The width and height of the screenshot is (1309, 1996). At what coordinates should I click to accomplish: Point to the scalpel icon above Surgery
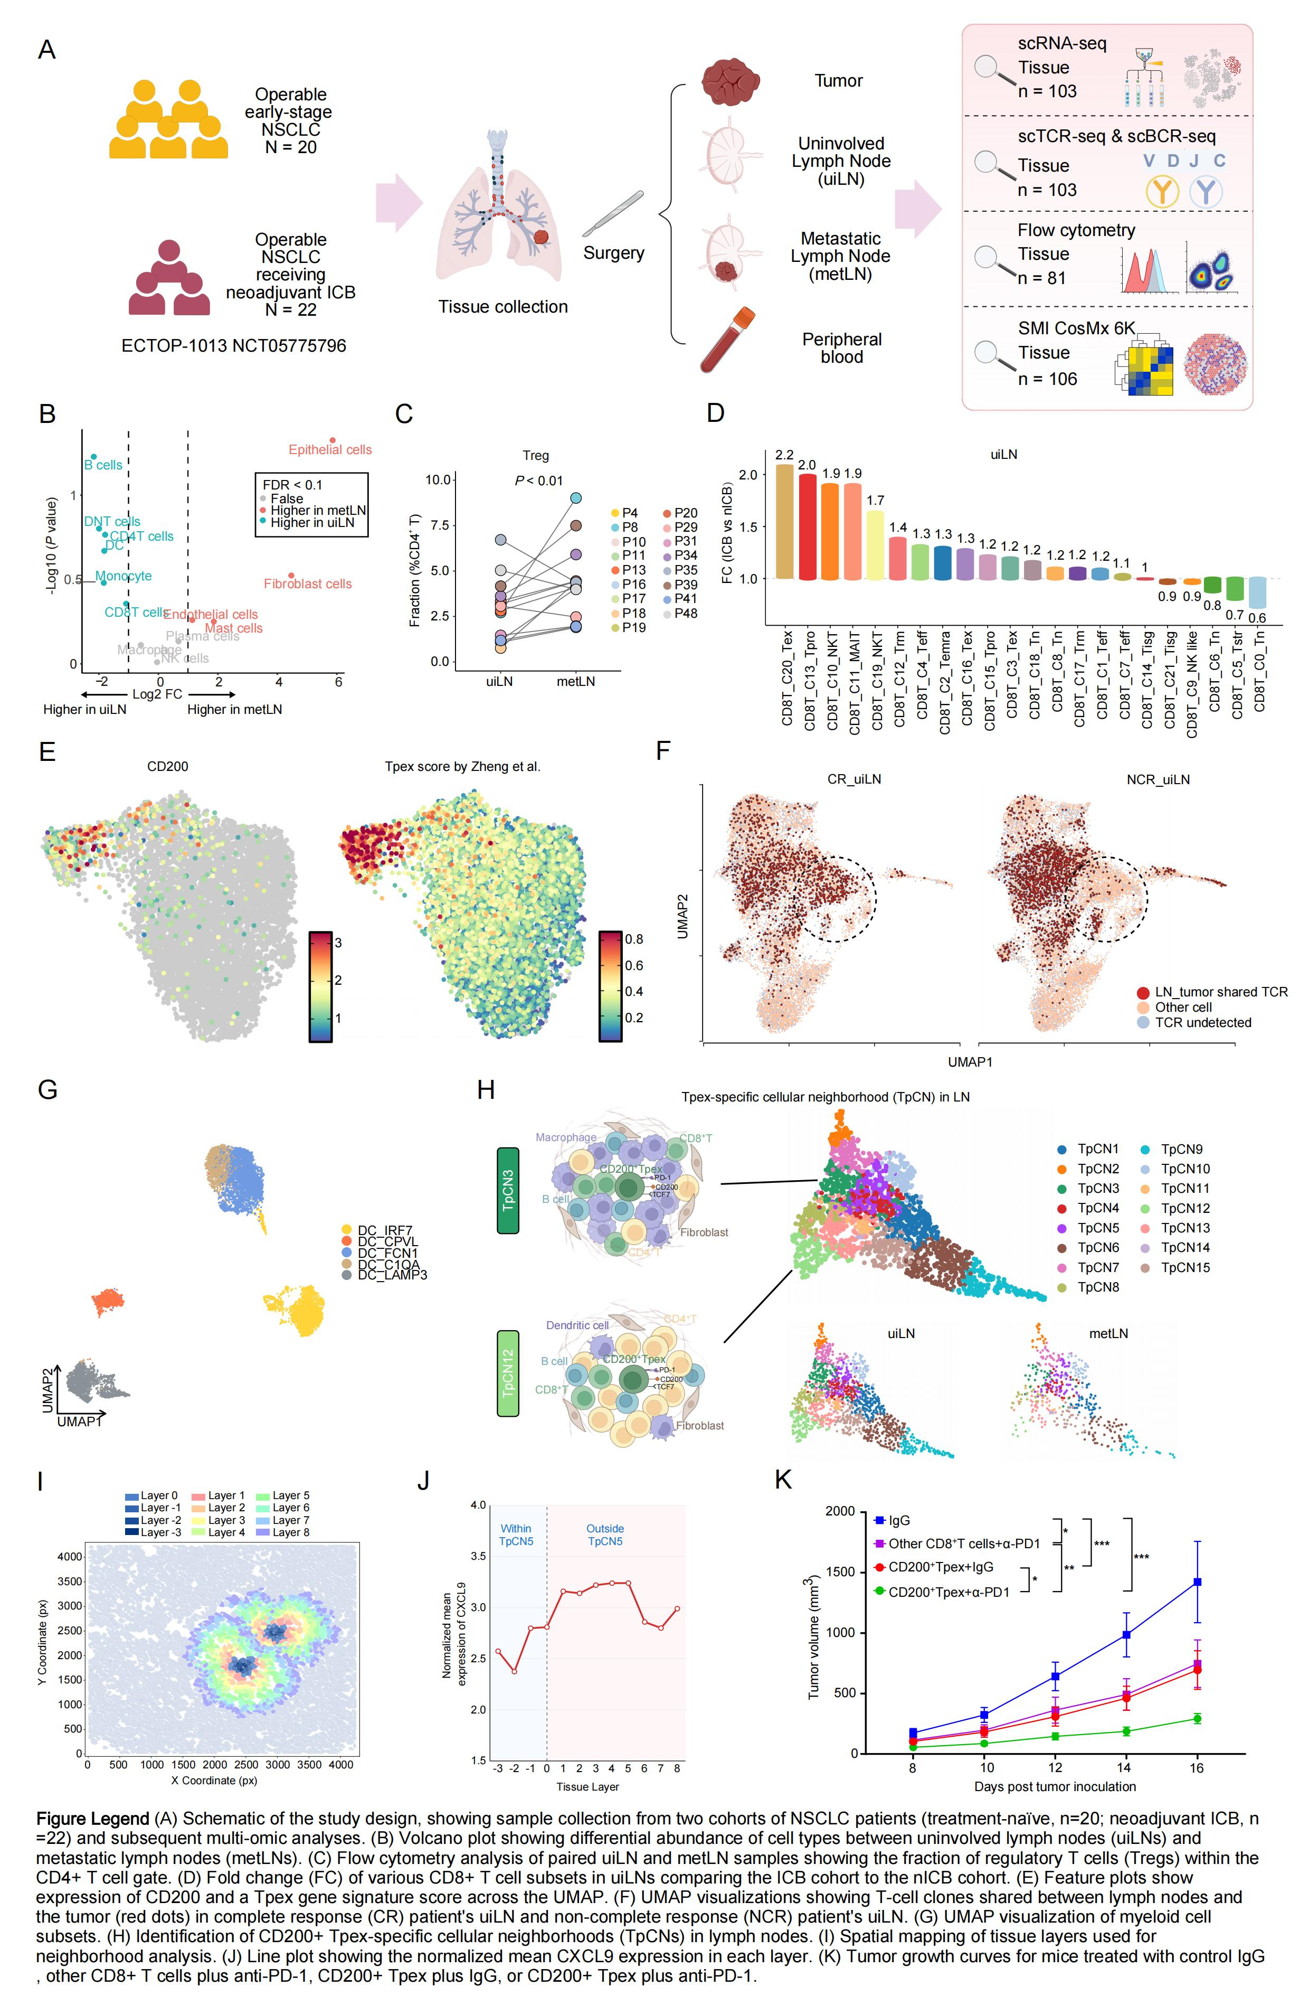point(613,213)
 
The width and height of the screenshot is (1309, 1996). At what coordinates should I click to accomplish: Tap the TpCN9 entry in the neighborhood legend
point(1182,1149)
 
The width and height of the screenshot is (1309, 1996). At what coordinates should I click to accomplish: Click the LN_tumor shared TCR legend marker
point(1143,992)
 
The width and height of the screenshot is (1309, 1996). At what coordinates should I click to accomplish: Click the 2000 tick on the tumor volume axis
point(841,1511)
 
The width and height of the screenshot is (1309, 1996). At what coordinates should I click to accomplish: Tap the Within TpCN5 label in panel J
point(516,1534)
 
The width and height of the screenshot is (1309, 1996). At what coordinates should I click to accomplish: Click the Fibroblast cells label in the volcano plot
point(308,583)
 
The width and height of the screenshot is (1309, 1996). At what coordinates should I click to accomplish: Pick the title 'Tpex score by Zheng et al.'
point(462,767)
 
